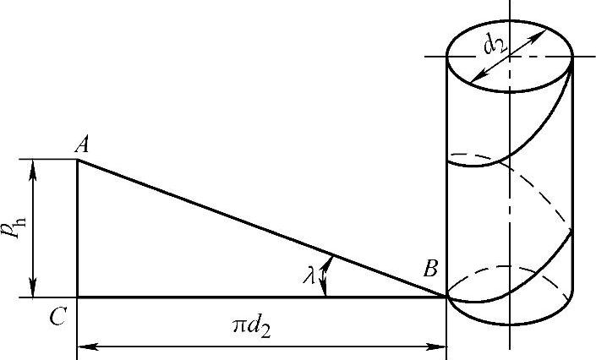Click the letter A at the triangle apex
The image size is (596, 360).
(x=82, y=146)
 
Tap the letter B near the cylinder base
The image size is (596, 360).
(x=429, y=271)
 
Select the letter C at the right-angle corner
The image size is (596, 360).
(x=57, y=318)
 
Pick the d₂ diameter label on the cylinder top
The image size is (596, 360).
(x=495, y=45)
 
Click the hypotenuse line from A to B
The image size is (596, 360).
(x=254, y=226)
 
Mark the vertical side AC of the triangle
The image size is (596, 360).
(x=77, y=228)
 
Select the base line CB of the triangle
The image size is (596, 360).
(x=254, y=297)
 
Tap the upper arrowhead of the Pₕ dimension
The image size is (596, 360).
(x=35, y=166)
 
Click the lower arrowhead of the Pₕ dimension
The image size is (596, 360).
(x=35, y=290)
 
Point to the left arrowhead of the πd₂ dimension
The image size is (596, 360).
(x=84, y=346)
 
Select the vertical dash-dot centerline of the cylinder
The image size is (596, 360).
(x=510, y=211)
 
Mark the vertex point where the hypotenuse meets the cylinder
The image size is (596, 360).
(x=446, y=297)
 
